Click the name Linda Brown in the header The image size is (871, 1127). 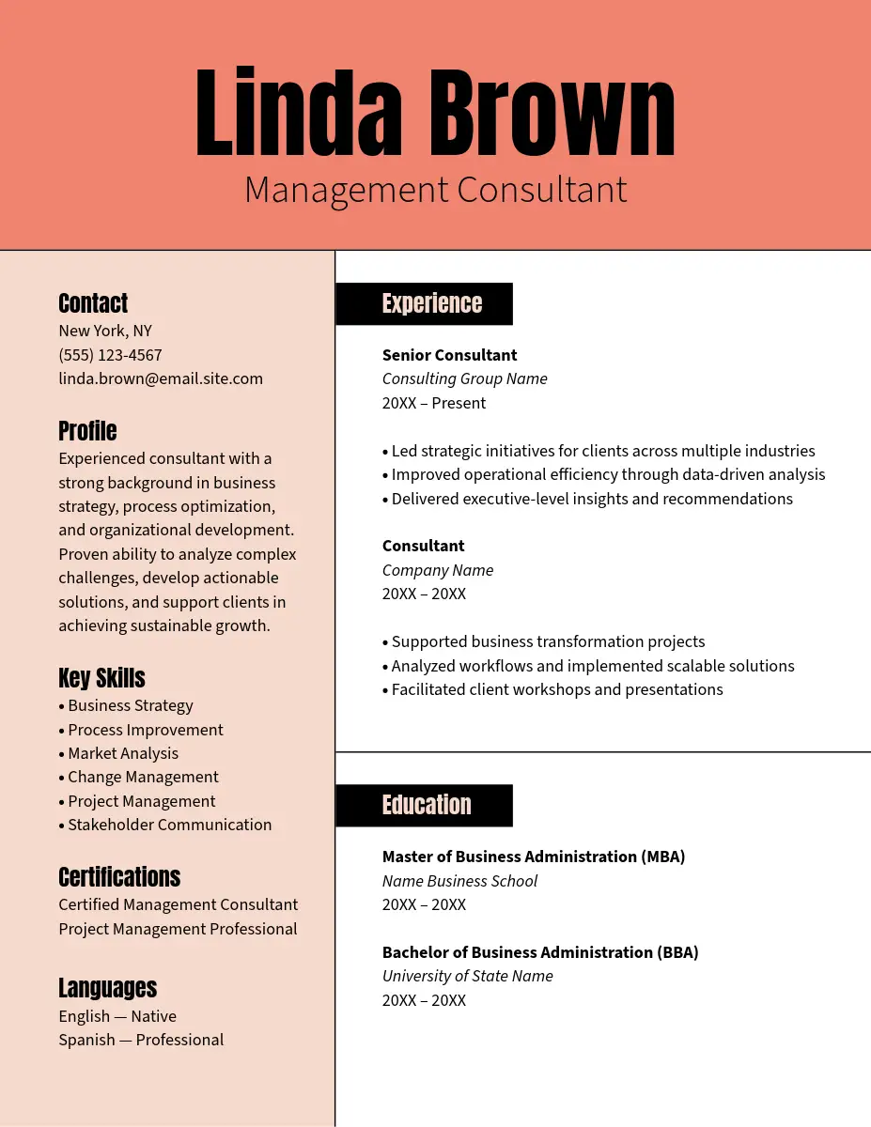click(435, 113)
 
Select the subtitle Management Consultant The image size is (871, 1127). click(435, 190)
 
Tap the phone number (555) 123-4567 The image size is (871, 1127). click(110, 355)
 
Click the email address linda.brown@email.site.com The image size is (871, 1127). click(161, 378)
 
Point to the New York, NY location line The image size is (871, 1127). click(105, 331)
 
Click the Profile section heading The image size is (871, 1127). click(87, 431)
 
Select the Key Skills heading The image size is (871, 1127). click(101, 678)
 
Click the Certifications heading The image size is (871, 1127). click(119, 877)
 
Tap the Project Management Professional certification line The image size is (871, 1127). click(178, 929)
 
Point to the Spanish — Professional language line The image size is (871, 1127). click(141, 1040)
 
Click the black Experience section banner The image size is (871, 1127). click(425, 303)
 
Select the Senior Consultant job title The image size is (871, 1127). click(449, 355)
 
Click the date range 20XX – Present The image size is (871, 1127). click(434, 403)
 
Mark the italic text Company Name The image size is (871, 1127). click(438, 570)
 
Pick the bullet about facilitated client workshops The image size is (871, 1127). click(552, 689)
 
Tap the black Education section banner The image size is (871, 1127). click(425, 805)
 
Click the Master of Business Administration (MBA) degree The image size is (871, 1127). click(534, 857)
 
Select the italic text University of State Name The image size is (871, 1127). click(468, 976)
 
